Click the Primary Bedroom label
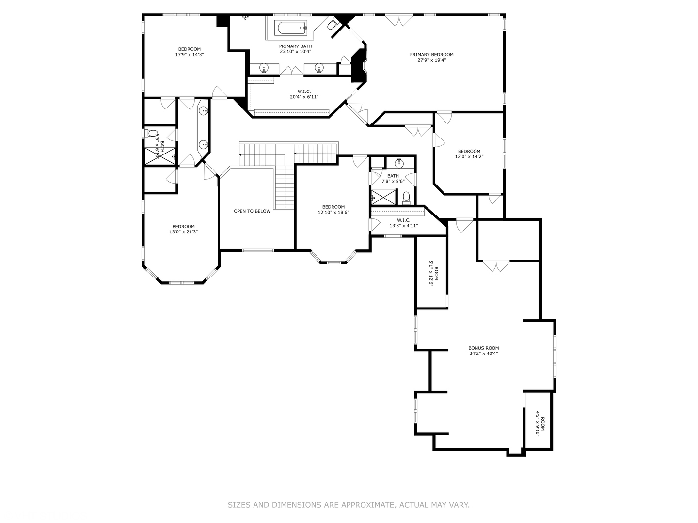point(431,55)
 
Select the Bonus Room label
point(483,348)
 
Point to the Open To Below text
point(252,211)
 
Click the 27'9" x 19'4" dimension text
point(431,61)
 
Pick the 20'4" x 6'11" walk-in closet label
point(304,94)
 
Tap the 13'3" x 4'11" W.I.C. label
point(403,223)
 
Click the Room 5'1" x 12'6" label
point(433,274)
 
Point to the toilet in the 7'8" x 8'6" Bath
point(406,198)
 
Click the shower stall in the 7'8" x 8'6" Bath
point(380,196)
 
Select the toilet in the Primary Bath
point(333,24)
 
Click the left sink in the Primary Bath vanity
point(265,68)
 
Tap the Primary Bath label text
point(295,46)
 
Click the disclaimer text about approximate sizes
point(349,505)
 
